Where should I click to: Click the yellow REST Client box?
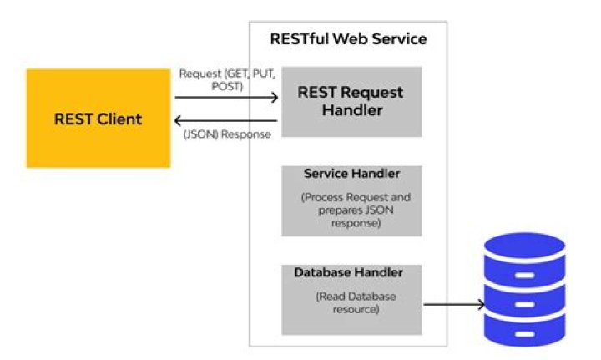point(98,119)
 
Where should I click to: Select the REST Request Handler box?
point(351,101)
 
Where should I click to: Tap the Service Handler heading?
point(351,174)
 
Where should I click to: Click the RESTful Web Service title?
point(348,39)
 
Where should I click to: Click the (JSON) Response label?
point(226,134)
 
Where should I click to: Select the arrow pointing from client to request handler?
point(226,98)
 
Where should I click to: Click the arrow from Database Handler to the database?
point(454,305)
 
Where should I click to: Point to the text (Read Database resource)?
point(350,302)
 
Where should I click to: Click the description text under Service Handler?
point(351,211)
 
